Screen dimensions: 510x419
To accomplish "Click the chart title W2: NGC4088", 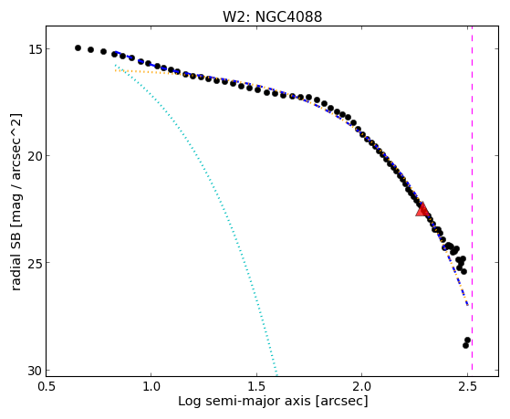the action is (272, 16).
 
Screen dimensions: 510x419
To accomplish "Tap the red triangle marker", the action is (422, 209).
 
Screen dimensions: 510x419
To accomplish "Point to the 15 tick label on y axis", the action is (34, 49).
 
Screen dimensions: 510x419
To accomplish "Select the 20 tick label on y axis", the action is (34, 156).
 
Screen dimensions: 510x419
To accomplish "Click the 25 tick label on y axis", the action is (34, 263).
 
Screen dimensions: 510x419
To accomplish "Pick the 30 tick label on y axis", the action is (34, 371).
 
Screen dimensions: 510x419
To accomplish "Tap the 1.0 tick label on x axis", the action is (151, 387).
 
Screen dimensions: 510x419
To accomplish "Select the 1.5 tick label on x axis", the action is (257, 387).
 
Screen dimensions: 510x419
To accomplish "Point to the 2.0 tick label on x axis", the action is (362, 387).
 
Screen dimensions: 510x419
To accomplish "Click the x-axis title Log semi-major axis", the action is (245, 402).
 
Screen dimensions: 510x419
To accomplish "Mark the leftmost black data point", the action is (78, 47).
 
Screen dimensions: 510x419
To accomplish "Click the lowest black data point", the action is (466, 345).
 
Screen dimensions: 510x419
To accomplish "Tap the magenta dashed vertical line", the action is (472, 201).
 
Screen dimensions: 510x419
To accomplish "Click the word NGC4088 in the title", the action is (288, 16).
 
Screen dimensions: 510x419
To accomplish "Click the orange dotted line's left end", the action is (116, 70).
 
